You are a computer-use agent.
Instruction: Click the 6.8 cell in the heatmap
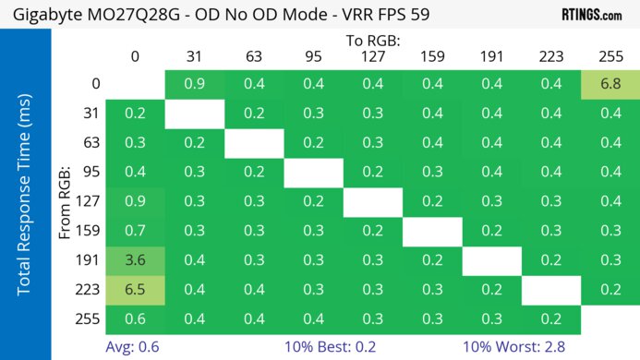click(x=610, y=85)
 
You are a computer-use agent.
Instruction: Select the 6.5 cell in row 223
click(x=136, y=289)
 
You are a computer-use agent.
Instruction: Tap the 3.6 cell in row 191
click(x=136, y=259)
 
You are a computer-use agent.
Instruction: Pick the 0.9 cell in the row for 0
click(x=195, y=85)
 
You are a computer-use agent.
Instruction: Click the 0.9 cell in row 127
click(x=136, y=201)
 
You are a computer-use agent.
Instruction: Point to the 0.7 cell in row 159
click(x=136, y=231)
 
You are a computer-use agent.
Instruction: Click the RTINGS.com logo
click(x=591, y=15)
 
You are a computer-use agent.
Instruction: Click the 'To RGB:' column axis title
click(x=372, y=41)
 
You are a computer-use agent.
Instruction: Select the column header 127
click(x=372, y=57)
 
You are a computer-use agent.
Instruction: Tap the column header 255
click(x=610, y=57)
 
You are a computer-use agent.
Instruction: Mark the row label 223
click(x=91, y=289)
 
